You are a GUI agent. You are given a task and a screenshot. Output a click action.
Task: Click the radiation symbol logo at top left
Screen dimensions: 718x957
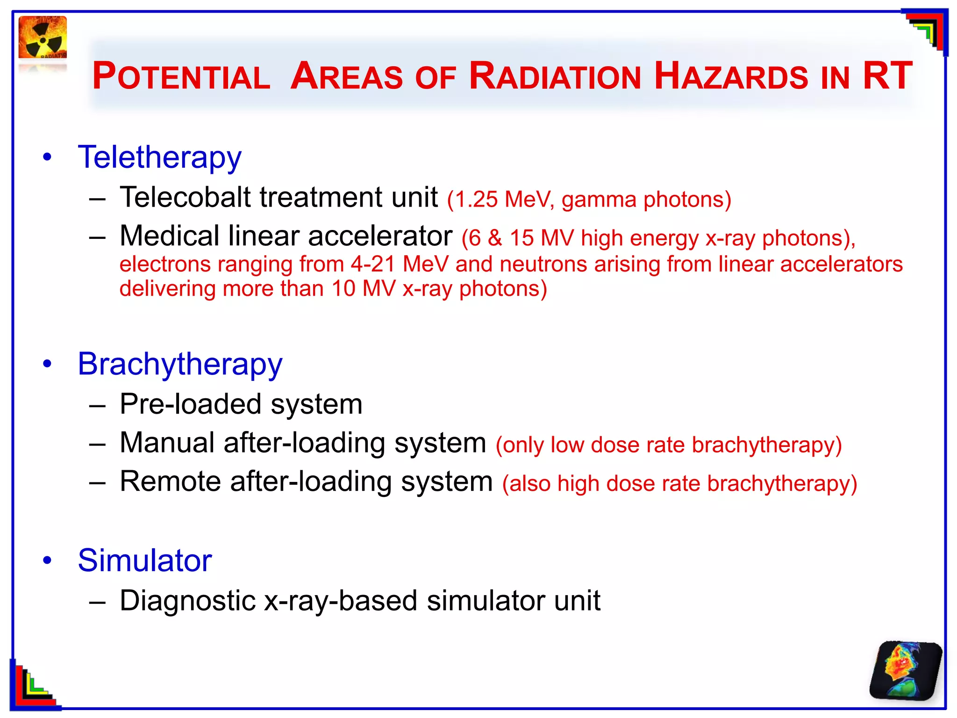[43, 38]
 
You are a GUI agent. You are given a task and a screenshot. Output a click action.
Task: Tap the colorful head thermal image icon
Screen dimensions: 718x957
[905, 671]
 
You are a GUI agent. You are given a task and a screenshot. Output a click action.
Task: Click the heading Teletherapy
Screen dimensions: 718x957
[160, 157]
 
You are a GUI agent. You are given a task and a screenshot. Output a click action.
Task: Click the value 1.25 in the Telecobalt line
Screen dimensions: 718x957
[476, 200]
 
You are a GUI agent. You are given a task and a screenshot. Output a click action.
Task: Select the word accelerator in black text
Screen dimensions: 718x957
[380, 236]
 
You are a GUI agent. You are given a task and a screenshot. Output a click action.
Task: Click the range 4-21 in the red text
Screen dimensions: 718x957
[372, 264]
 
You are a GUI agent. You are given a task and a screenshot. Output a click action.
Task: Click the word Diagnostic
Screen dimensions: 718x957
[187, 601]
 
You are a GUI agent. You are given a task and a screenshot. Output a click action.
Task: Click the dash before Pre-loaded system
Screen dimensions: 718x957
[97, 405]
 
